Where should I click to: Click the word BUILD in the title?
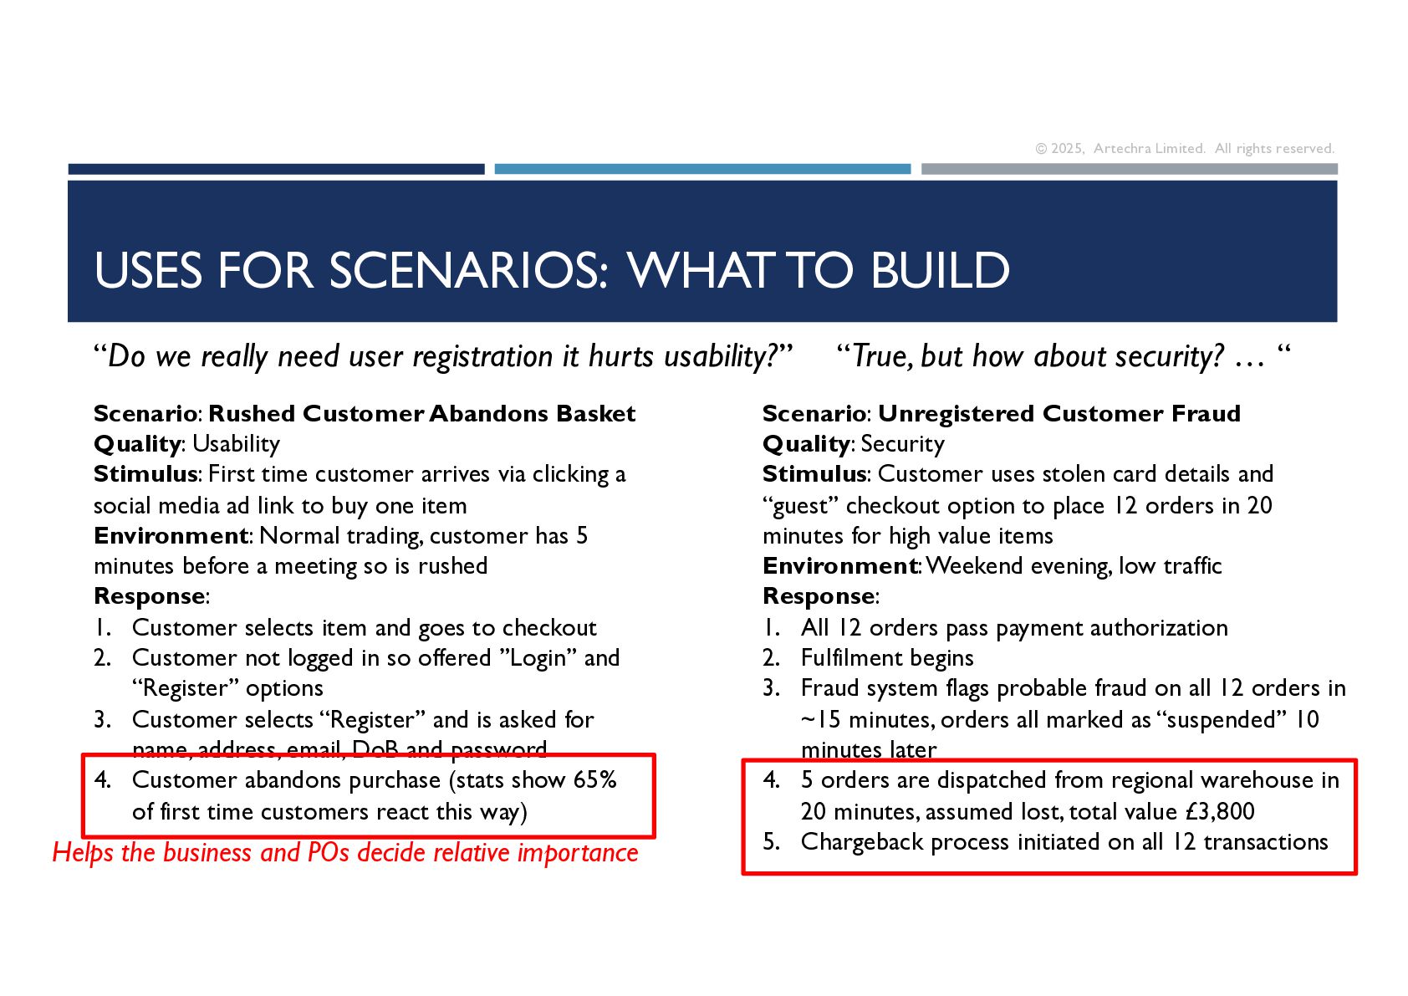pos(940,270)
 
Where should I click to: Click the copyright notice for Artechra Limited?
pos(1184,148)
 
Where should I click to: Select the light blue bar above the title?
pos(702,169)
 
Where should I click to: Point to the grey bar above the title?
pos(1129,169)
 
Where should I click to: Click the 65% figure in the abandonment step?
pos(594,780)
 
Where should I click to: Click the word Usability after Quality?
pos(236,445)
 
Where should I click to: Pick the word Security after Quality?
pos(902,445)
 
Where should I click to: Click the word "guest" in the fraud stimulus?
pos(801,506)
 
